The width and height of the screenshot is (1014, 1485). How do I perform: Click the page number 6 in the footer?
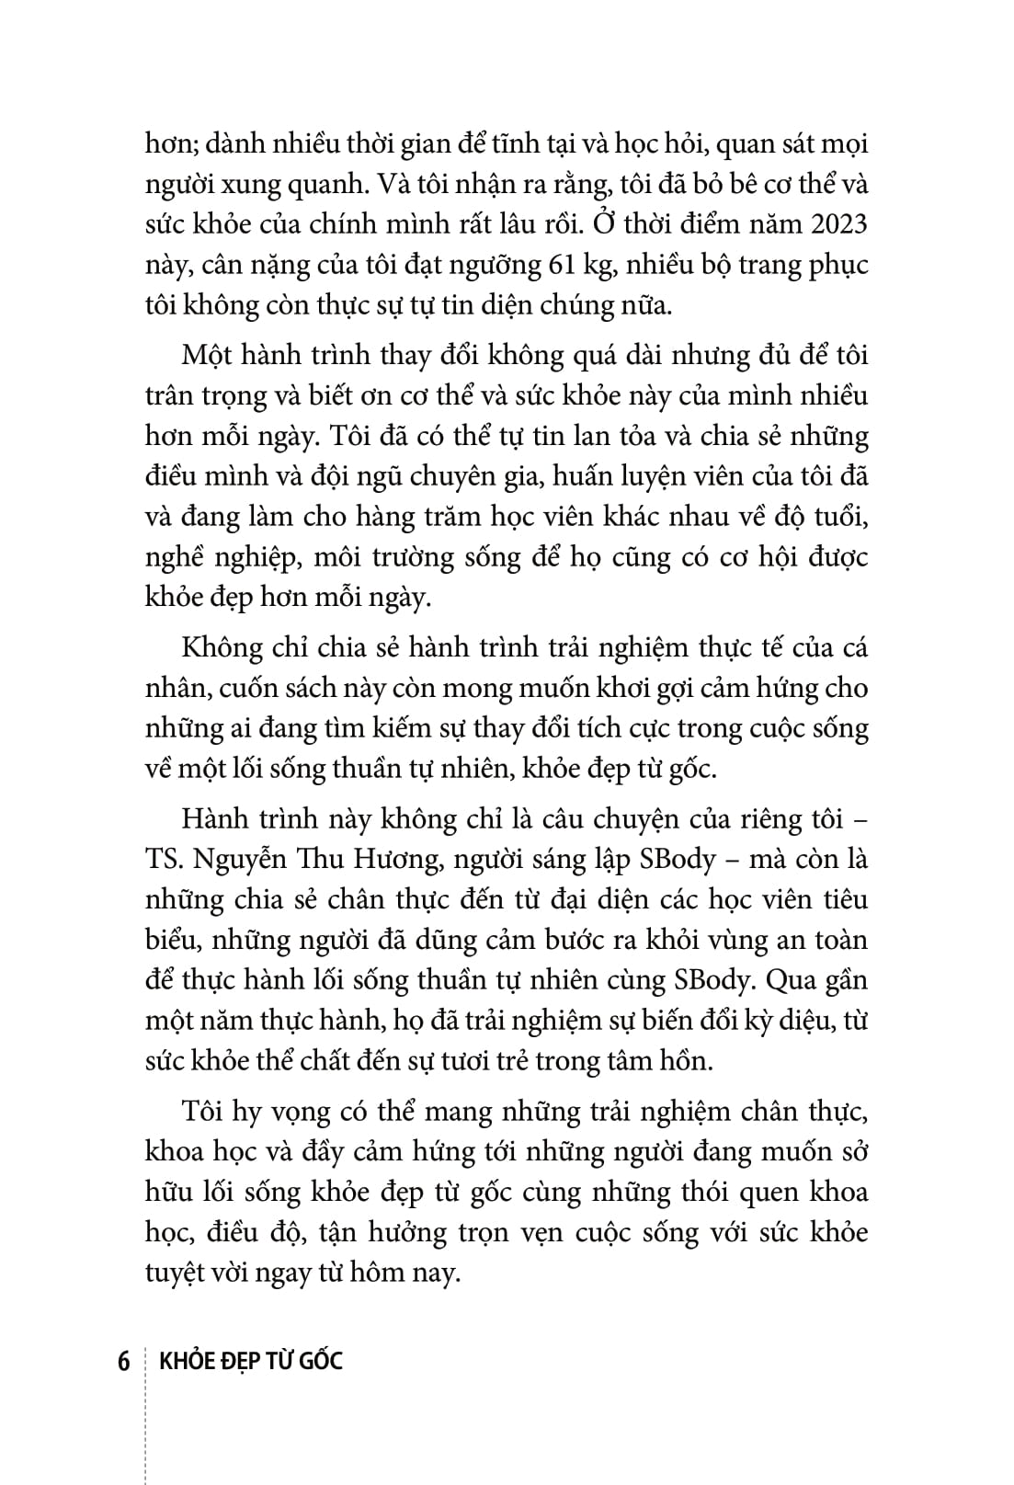[124, 1360]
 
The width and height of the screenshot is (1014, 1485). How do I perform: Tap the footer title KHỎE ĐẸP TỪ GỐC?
[251, 1360]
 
